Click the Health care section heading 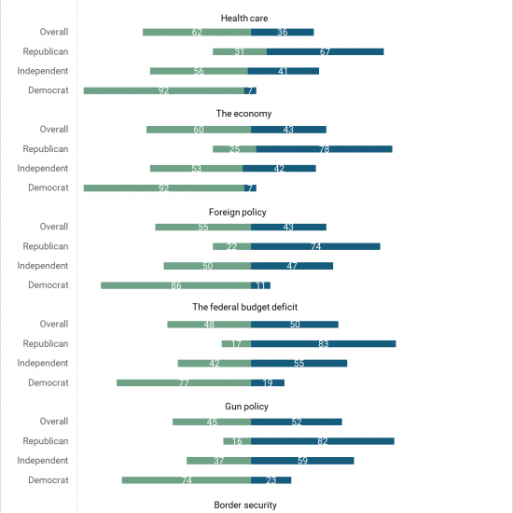click(244, 18)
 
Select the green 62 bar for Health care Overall click(197, 32)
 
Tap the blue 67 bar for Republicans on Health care click(326, 51)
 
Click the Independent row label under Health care click(43, 71)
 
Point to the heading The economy click(243, 114)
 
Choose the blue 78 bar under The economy click(325, 149)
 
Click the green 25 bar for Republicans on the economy click(234, 149)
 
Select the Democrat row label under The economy click(49, 187)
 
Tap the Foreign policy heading click(238, 212)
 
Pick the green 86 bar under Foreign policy click(176, 285)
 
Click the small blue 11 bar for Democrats click(261, 285)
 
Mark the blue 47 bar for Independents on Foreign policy click(292, 266)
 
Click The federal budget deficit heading click(245, 307)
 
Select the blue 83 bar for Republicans click(324, 344)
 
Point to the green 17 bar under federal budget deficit click(236, 344)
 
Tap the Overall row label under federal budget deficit click(54, 324)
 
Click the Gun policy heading click(246, 407)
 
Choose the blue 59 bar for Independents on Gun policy click(302, 461)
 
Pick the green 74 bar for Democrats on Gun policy click(187, 480)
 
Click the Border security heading click(245, 505)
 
